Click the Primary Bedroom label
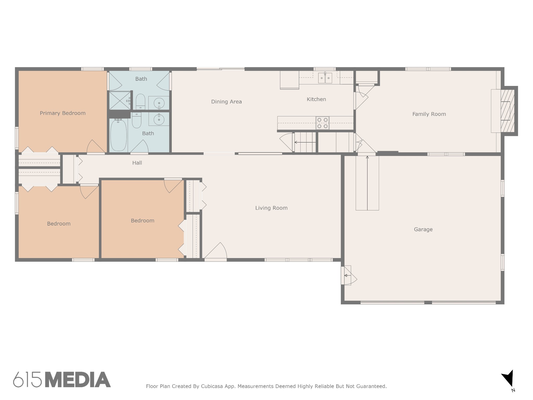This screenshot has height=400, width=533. [62, 113]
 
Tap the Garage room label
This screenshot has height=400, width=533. [423, 229]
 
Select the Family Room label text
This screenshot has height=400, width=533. [429, 114]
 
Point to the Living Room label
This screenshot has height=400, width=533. [271, 208]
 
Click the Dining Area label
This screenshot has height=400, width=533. [226, 102]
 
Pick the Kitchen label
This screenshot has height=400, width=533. [316, 99]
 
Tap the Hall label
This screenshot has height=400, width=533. [137, 163]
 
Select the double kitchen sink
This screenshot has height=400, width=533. [325, 78]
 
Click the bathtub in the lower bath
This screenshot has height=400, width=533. [118, 135]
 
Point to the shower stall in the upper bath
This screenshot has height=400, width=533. [120, 100]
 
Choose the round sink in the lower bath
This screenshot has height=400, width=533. [159, 119]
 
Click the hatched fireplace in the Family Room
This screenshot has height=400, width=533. [507, 111]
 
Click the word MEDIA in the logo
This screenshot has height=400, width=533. [78, 379]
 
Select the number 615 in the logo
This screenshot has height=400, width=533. [27, 379]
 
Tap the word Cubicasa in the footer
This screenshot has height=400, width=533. [212, 386]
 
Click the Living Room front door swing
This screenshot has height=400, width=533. [215, 251]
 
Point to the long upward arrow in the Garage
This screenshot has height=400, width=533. [367, 183]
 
